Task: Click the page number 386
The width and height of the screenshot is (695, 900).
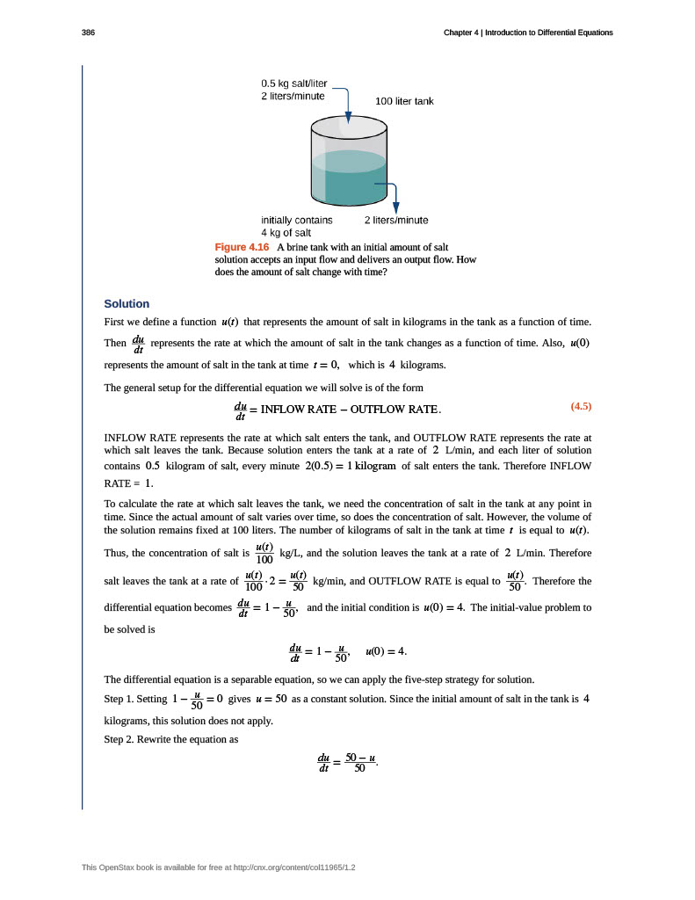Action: pos(88,33)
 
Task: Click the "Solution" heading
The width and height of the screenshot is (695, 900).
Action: pos(127,304)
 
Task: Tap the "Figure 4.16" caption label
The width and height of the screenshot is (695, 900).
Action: pos(242,248)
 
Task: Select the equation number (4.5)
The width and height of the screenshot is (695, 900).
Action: pos(581,406)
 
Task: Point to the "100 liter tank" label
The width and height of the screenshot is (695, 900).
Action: pos(404,101)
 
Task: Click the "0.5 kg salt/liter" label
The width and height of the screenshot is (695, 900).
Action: pos(293,83)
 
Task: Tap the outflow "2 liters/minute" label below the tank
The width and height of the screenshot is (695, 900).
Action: pos(396,220)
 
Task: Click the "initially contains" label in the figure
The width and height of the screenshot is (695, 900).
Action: pos(297,220)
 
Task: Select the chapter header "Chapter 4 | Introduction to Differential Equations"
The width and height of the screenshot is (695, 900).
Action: pos(528,33)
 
